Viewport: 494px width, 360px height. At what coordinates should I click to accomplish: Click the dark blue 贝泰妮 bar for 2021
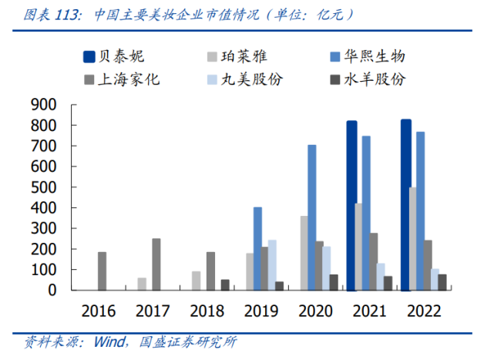pos(351,206)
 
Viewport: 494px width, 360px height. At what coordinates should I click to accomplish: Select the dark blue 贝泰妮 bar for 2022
pos(405,205)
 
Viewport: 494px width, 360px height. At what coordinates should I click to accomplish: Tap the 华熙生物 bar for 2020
pos(312,217)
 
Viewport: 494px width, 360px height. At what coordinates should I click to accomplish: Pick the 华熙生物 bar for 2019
pos(257,248)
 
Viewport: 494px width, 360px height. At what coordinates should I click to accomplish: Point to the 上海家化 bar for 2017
pos(156,264)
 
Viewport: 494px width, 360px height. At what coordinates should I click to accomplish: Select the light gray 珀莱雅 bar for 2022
pos(413,239)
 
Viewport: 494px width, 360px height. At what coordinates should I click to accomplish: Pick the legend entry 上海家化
pos(128,79)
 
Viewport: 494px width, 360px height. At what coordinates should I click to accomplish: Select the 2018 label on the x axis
pos(207,311)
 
